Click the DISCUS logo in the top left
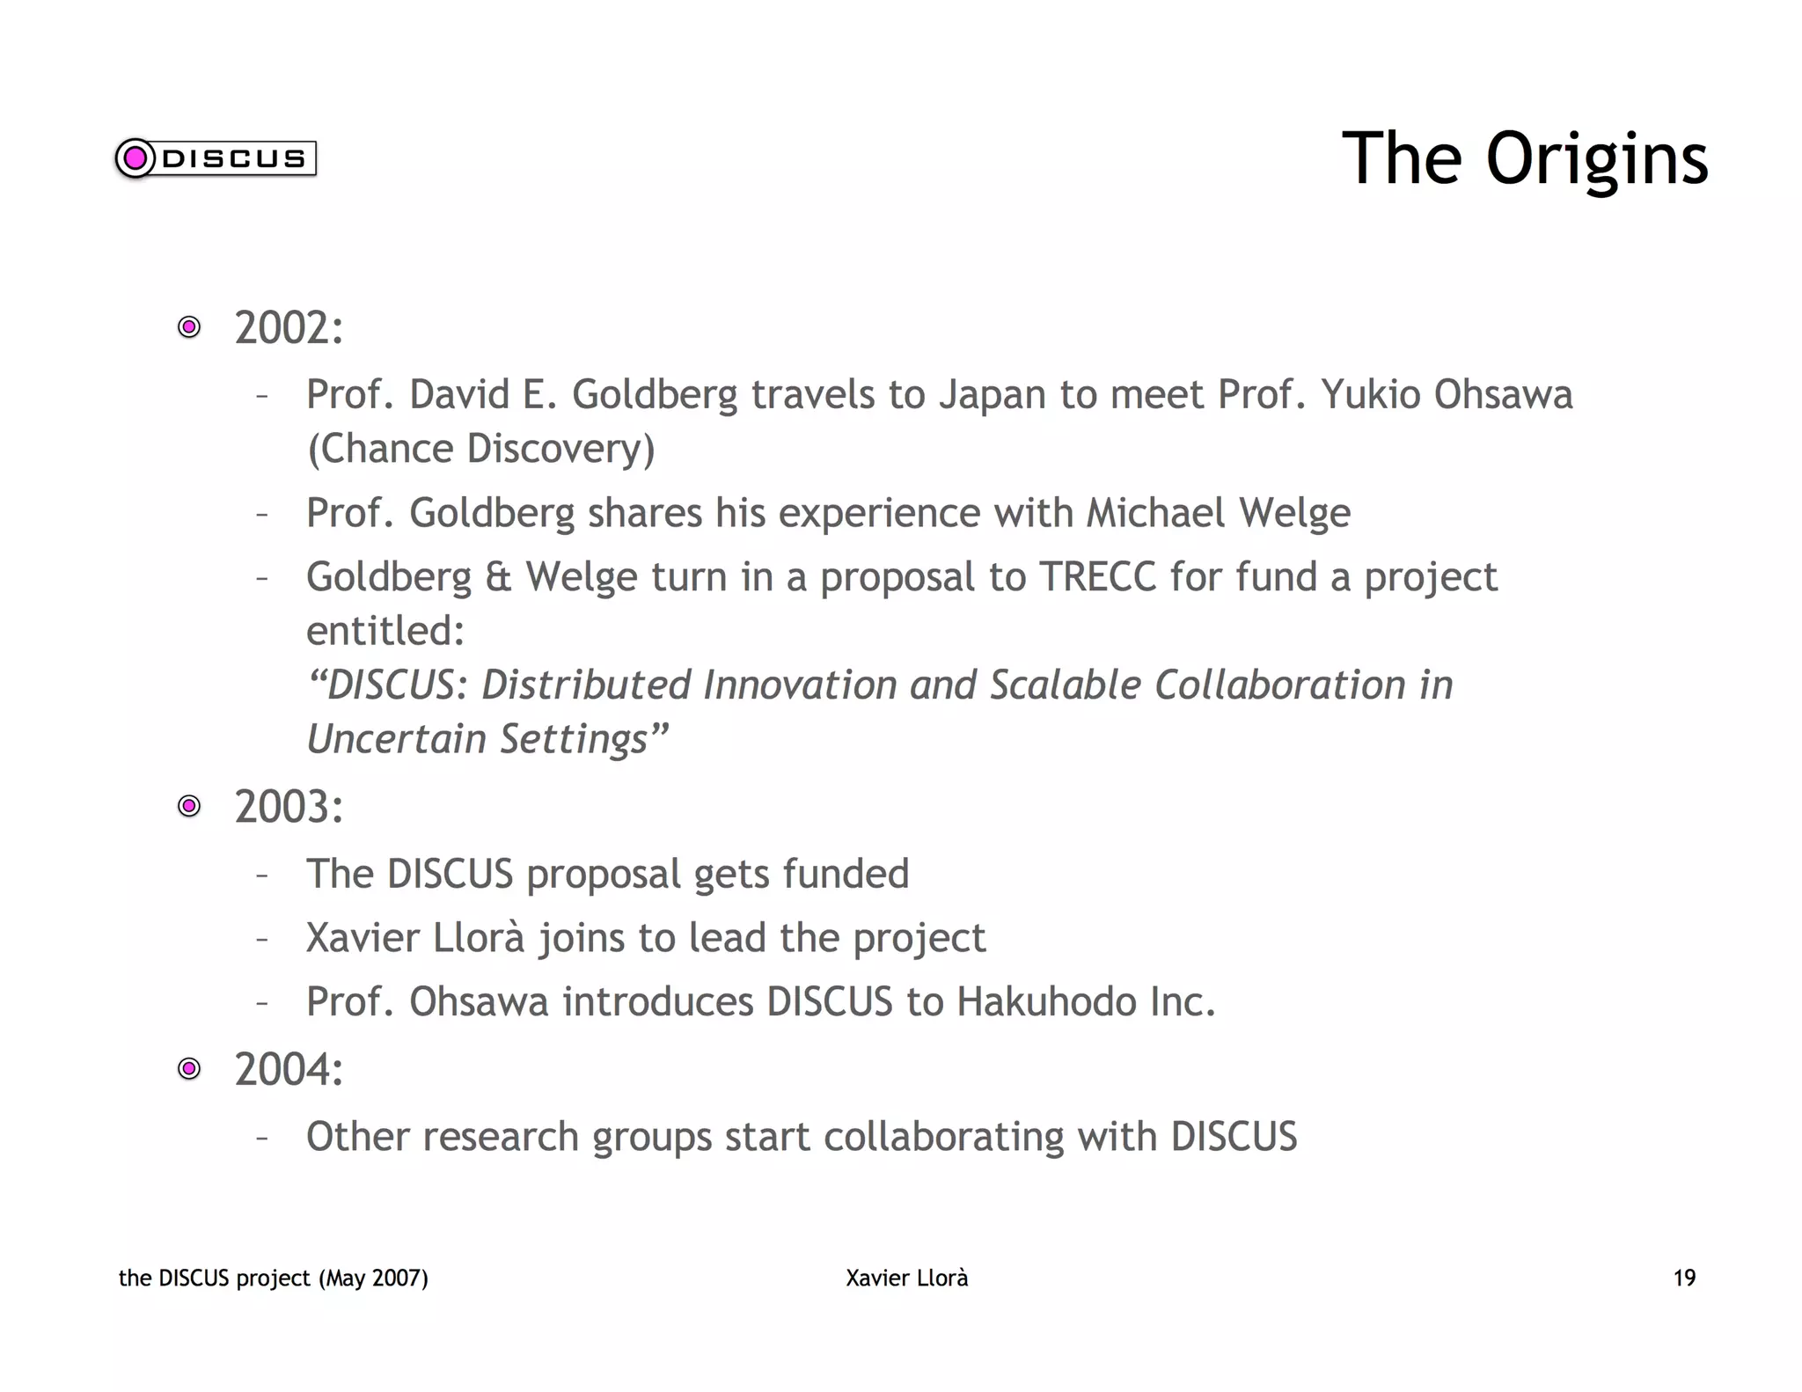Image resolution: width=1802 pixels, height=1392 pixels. [216, 158]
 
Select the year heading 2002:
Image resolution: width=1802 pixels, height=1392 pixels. [289, 328]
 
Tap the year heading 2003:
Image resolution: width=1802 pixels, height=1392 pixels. [289, 807]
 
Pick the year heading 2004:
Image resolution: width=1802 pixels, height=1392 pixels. [289, 1070]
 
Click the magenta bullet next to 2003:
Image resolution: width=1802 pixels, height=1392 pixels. [189, 806]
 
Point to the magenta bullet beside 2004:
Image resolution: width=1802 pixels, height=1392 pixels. [189, 1069]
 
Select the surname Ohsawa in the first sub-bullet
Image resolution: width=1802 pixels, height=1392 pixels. [1503, 394]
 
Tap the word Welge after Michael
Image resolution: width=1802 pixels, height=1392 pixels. [1294, 513]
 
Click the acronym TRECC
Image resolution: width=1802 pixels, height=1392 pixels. [1097, 577]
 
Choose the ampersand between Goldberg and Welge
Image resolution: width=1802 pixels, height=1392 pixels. [498, 578]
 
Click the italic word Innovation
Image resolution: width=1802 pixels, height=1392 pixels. [799, 685]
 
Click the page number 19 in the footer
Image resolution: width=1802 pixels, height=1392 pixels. [1684, 1278]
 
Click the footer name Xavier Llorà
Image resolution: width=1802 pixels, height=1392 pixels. [906, 1278]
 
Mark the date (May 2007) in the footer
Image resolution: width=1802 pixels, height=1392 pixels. [373, 1278]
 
